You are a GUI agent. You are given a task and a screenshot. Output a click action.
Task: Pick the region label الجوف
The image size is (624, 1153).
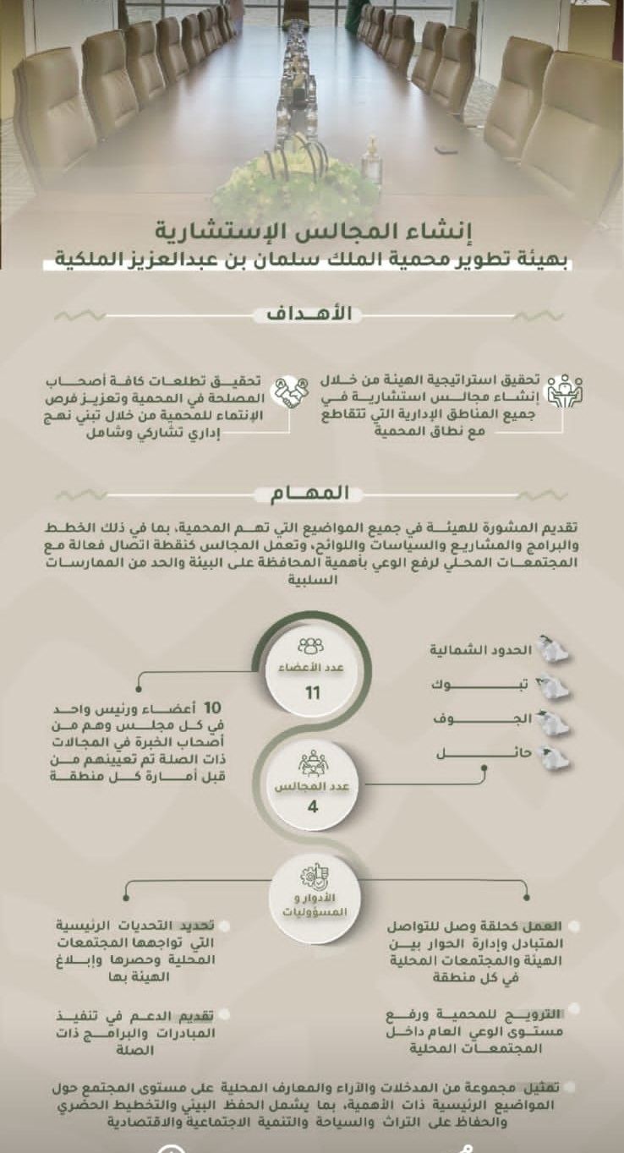tap(506, 719)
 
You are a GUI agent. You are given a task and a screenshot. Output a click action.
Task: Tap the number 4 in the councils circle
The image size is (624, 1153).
tap(312, 806)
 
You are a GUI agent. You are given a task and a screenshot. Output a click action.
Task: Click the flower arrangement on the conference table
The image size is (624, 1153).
tap(297, 186)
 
